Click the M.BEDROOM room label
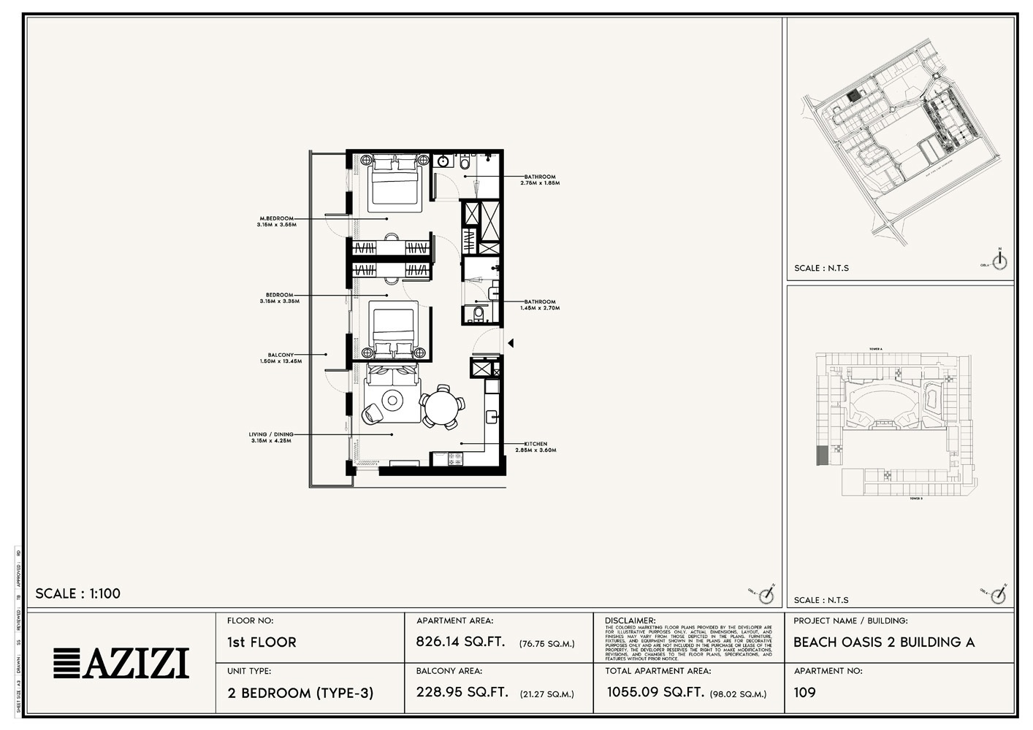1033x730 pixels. [277, 218]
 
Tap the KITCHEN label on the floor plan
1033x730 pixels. [535, 444]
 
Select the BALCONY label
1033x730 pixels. [281, 355]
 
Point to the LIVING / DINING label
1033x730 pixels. [271, 434]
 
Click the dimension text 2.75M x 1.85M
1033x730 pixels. [540, 183]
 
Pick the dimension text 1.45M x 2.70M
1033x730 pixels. [540, 308]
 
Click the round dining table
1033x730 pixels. [441, 406]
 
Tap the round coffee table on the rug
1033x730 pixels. [392, 400]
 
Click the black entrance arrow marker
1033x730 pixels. [511, 343]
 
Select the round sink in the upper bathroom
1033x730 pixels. [443, 161]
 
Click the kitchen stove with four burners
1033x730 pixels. [454, 459]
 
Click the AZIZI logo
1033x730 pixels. [121, 663]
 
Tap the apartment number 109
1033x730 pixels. [804, 692]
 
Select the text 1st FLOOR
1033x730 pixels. [262, 642]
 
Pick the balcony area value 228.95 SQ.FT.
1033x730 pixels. [462, 692]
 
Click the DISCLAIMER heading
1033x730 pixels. [630, 620]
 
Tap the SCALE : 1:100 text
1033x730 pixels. [78, 593]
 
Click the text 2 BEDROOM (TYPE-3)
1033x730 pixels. [300, 693]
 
